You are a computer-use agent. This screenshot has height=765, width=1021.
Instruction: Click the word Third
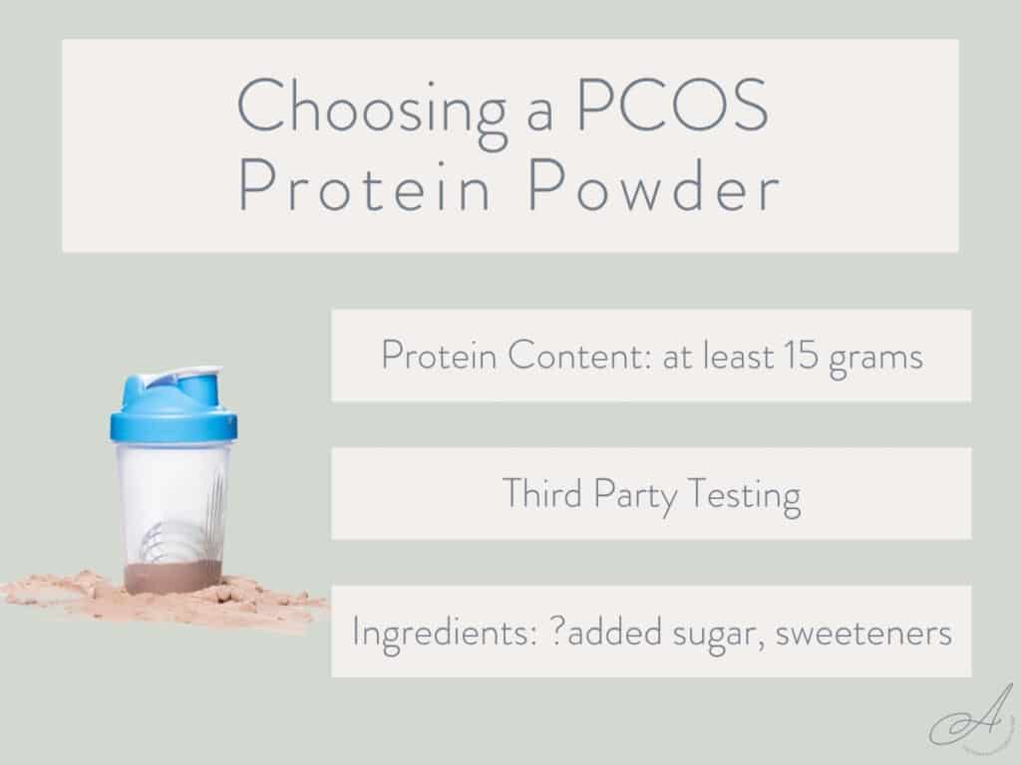click(x=539, y=494)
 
